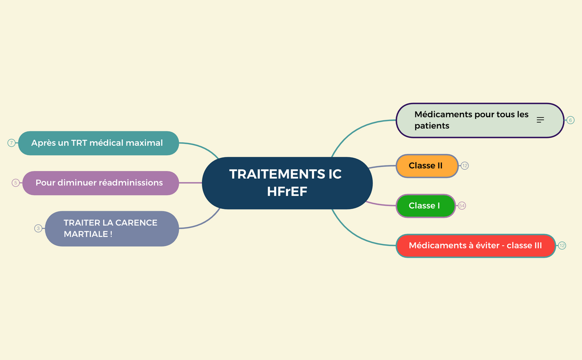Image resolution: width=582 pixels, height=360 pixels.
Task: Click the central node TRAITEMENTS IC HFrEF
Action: coord(287,182)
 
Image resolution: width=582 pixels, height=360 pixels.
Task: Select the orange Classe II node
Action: coord(426,166)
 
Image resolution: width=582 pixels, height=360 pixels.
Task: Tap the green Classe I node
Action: coord(425,206)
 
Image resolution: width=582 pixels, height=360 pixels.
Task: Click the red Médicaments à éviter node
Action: coord(475,246)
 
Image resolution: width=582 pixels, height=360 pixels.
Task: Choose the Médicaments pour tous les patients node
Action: coord(471,120)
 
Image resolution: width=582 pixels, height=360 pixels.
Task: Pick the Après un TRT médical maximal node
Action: coord(98,143)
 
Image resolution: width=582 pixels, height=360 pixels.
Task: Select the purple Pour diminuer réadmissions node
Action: coord(100,183)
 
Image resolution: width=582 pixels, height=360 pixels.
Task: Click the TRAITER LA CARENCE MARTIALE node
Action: coord(112,228)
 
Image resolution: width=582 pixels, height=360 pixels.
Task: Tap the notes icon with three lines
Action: coord(540,120)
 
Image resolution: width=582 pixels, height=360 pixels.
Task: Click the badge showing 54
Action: coord(462,206)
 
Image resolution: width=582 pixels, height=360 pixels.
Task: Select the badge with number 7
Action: coord(12,143)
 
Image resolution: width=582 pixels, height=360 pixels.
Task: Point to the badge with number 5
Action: coord(16,183)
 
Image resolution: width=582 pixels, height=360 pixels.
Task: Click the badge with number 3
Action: coord(38,228)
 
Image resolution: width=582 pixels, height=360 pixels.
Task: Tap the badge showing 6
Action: coord(570,120)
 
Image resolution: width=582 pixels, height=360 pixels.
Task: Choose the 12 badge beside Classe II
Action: coord(465,166)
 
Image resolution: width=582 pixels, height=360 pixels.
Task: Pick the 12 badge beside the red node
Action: coord(562,246)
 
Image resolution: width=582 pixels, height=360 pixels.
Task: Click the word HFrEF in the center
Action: coord(287,192)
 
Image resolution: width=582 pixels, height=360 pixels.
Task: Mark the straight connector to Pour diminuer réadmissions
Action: coord(190,183)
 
